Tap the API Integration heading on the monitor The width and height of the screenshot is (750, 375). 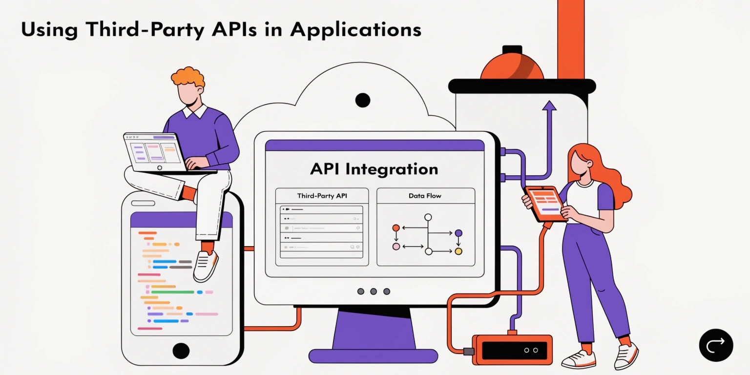(374, 169)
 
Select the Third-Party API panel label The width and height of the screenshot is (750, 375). (322, 196)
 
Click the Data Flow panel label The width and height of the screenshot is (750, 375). (425, 196)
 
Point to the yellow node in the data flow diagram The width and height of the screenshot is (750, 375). (458, 251)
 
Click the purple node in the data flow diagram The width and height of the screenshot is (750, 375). (458, 233)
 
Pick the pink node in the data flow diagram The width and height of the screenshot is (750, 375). (396, 247)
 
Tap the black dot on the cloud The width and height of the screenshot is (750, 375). (363, 100)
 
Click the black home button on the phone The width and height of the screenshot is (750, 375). (181, 351)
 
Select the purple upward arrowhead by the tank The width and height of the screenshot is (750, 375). (549, 105)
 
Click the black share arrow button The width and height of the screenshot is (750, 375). (716, 345)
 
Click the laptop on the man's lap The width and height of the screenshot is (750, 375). (157, 153)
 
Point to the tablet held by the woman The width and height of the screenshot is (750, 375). (545, 204)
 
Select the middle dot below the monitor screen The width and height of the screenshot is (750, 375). (374, 292)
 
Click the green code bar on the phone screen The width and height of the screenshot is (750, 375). (173, 292)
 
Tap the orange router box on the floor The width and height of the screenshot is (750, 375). (512, 350)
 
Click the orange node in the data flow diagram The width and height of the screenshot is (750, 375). (396, 228)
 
